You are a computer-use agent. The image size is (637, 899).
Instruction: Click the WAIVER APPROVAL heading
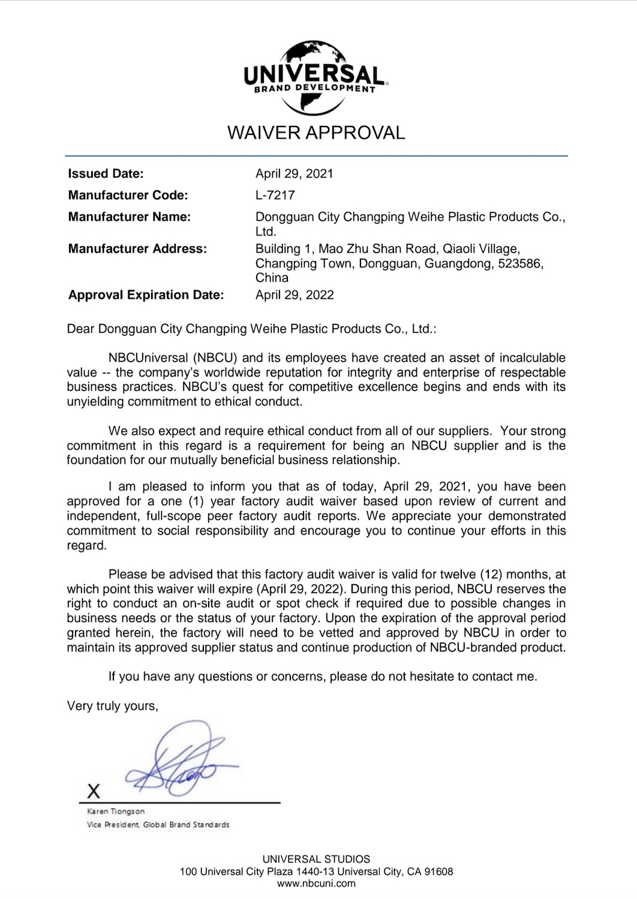316,132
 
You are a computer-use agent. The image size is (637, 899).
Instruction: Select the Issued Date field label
106,174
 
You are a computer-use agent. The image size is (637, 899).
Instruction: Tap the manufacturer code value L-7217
275,195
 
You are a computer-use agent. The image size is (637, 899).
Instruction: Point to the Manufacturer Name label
129,217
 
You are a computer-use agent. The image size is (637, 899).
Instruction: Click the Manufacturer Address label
137,249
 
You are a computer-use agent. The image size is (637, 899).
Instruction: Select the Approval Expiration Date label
146,295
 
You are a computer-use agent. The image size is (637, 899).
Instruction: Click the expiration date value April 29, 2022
294,295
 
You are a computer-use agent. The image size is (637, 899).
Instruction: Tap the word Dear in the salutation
80,329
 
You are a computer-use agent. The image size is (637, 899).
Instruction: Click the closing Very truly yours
113,706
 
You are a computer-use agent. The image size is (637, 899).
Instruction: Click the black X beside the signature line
94,791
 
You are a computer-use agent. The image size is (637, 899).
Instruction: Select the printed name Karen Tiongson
116,811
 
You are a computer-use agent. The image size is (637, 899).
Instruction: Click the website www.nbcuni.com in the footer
316,883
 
